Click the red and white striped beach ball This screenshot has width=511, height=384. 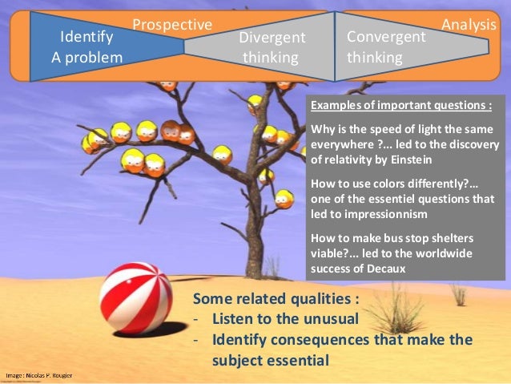click(135, 297)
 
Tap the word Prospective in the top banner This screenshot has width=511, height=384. click(171, 25)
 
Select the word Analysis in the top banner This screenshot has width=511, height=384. click(469, 25)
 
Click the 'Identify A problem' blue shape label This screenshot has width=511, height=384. click(87, 46)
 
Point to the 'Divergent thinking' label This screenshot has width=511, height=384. click(272, 47)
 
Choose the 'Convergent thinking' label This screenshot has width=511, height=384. click(386, 47)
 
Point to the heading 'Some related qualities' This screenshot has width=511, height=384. click(276, 301)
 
